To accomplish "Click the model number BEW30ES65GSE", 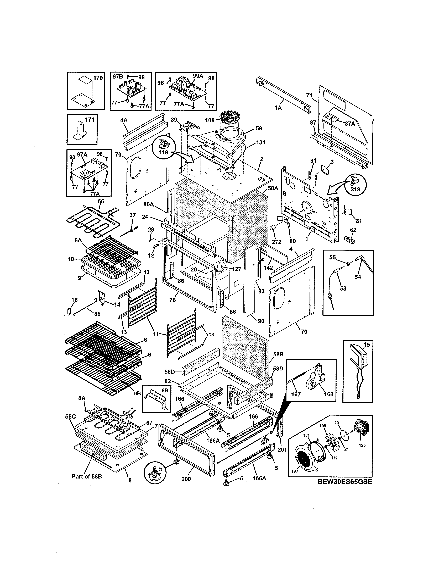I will pos(345,482).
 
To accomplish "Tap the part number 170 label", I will pos(98,78).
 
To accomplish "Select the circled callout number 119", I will pos(164,152).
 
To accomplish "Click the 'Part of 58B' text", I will pos(87,477).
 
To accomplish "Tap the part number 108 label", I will pos(210,120).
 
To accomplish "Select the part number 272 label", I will pos(276,242).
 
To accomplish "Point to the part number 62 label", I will pos(353,230).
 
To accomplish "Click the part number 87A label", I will pos(350,124).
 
